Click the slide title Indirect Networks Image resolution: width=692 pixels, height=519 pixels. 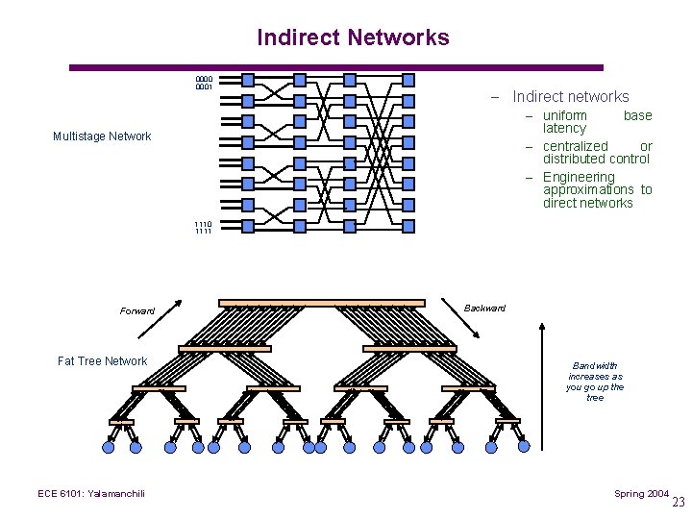pos(353,37)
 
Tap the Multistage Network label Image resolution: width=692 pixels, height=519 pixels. pos(102,136)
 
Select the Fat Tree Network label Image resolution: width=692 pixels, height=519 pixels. pos(103,361)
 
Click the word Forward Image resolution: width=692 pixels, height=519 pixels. pos(137,311)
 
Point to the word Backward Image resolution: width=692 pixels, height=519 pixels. pos(484,309)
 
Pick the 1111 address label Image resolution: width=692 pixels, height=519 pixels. pos(204,232)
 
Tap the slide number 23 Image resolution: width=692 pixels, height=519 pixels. pos(679,503)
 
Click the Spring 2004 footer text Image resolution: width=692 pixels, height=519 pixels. pos(642,494)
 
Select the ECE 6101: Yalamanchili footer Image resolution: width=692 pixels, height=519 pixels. pos(91,494)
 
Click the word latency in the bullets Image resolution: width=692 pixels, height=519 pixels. pos(564,129)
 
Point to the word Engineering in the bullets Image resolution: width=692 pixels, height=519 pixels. pos(579,177)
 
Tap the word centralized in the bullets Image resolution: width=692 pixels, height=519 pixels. pos(576,146)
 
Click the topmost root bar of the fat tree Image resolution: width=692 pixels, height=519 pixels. pos(321,303)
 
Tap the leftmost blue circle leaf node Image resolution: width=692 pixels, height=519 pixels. pos(109,447)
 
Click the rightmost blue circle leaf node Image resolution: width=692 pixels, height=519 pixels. pos(524,447)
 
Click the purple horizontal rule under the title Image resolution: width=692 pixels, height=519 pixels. pos(336,67)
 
